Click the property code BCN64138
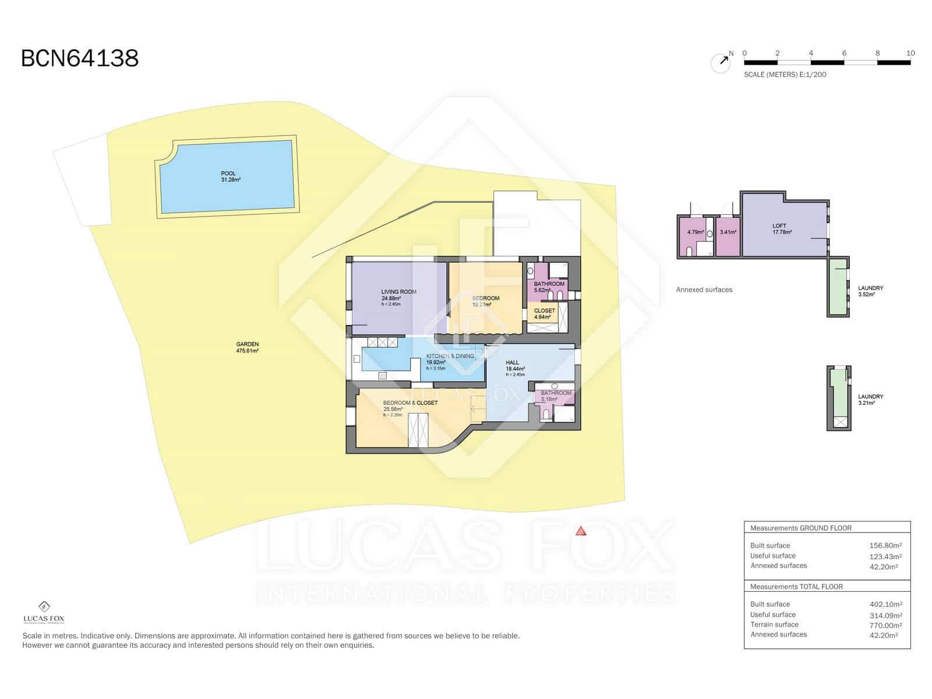tap(80, 59)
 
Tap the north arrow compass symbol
tap(721, 62)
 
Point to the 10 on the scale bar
tap(910, 53)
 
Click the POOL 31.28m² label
tap(228, 176)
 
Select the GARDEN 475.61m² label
tap(248, 347)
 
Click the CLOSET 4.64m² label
tap(544, 313)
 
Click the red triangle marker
tap(580, 531)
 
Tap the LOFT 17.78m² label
tap(781, 228)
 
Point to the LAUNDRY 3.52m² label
tap(870, 291)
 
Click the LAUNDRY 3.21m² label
tap(870, 399)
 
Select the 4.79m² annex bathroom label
tap(695, 232)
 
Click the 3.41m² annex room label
tap(728, 232)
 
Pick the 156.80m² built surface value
tap(885, 546)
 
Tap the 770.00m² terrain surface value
tap(885, 625)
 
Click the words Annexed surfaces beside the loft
tap(704, 290)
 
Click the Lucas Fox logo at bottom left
tap(44, 612)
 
